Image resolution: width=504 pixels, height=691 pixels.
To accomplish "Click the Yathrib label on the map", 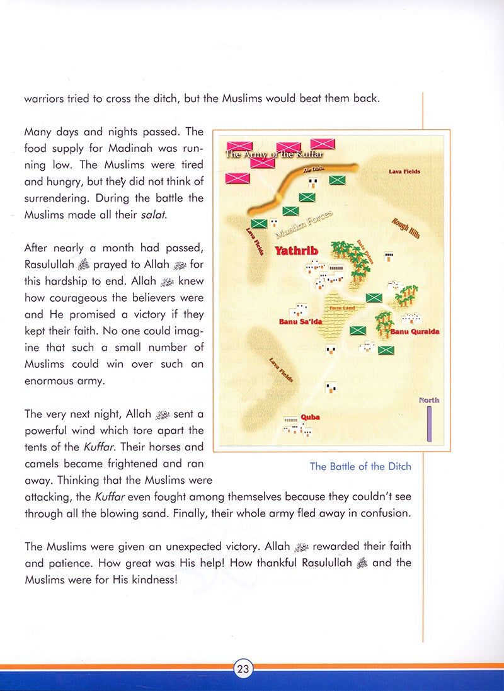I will pos(296,251).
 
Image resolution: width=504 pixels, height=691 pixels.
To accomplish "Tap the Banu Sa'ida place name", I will pos(300,322).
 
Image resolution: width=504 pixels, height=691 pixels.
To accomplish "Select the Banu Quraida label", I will pos(415,331).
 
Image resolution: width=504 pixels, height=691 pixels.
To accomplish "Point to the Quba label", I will pos(310,417).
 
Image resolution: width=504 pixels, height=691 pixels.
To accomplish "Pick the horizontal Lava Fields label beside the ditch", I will pos(404,171).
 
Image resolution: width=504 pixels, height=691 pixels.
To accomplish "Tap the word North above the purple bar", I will pos(429,400).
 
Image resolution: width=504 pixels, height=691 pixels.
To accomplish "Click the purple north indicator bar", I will pos(429,423).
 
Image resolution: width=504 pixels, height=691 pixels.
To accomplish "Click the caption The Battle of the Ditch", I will pos(360,467).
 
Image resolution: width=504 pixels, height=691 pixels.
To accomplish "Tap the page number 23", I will pos(243,670).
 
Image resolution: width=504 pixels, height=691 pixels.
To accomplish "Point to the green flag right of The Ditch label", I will pos(337,181).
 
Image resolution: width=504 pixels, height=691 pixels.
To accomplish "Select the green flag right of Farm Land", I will pos(374,297).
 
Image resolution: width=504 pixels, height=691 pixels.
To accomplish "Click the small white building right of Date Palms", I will pos(389,256).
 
